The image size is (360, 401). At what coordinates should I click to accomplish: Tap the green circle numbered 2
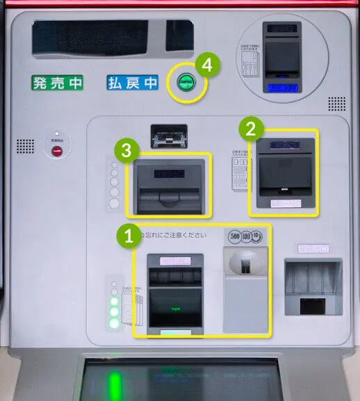click(x=251, y=127)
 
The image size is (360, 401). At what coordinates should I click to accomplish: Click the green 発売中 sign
click(x=57, y=83)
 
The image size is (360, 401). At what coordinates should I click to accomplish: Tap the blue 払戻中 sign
click(x=133, y=83)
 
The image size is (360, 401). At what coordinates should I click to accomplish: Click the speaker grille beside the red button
click(x=25, y=146)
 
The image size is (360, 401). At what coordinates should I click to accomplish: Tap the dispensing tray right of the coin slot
click(x=313, y=286)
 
